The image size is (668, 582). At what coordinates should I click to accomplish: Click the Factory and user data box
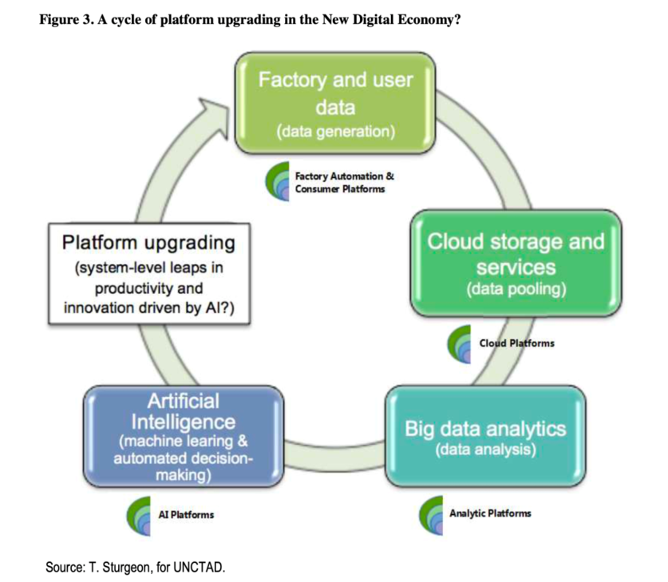pos(335,103)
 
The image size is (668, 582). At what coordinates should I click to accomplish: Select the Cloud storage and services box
pos(516,263)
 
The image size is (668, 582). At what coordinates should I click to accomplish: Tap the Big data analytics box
pos(486,436)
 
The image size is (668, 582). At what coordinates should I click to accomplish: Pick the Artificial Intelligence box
pos(184,436)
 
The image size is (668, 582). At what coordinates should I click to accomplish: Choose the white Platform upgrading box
pos(149,274)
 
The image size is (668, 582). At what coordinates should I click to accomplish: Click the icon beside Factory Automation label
pos(278,181)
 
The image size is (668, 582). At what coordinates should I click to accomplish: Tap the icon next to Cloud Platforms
pos(459,344)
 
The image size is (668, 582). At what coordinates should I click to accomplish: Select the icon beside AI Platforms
pos(139,516)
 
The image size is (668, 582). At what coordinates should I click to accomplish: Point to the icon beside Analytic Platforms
pos(431,515)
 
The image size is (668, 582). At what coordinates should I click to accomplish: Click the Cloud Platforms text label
pos(517,343)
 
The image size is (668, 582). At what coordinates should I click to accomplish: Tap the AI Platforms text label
pos(186,515)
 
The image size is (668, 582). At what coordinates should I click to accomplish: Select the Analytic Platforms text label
pos(490,513)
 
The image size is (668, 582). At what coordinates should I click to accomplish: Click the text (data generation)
pos(336,131)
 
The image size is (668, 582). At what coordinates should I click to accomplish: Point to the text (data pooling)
pos(516,289)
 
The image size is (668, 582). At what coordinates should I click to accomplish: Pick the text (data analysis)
pos(486,449)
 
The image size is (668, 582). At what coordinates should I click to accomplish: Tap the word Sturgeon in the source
pos(125,568)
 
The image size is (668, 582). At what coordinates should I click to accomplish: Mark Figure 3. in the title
pos(66,20)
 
